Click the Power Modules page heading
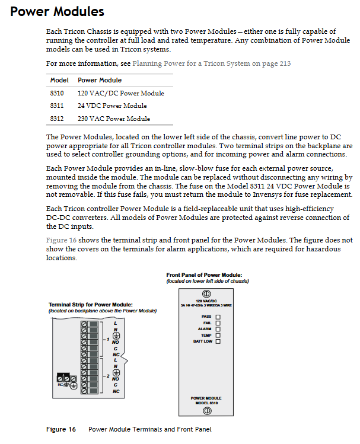(58, 12)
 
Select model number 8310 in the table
(57, 93)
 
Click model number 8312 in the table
(57, 119)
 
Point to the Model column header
(59, 80)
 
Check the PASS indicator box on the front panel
(218, 317)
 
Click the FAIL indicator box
(218, 322)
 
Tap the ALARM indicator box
(218, 329)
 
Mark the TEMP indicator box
(218, 335)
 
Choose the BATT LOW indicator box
(218, 341)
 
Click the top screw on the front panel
(207, 293)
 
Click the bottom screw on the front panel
(207, 410)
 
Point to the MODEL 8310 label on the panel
(207, 403)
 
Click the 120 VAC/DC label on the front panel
(207, 301)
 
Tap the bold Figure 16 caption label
(61, 429)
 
